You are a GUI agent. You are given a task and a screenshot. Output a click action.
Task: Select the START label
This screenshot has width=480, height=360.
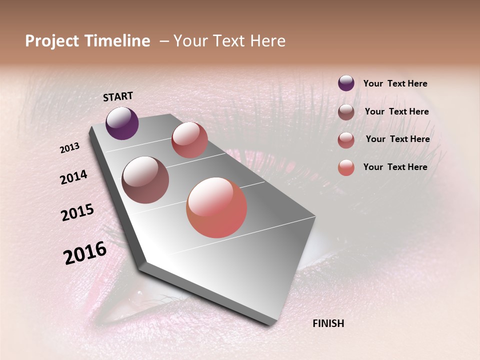click(118, 96)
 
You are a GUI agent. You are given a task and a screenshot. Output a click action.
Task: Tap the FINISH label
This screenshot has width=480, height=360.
click(328, 323)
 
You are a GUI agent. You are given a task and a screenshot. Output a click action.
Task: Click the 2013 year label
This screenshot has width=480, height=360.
click(70, 148)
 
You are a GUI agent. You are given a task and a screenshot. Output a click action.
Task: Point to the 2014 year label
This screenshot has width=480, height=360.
click(74, 177)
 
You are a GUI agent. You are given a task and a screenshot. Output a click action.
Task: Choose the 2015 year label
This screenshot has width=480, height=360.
click(77, 212)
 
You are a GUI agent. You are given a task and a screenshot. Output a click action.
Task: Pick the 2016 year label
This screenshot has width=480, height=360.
click(85, 253)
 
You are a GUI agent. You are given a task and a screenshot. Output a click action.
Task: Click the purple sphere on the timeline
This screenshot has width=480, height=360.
click(122, 123)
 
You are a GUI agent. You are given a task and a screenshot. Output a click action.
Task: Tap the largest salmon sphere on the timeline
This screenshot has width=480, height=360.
click(216, 207)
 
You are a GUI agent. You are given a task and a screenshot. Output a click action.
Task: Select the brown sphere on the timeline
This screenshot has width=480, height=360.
click(145, 180)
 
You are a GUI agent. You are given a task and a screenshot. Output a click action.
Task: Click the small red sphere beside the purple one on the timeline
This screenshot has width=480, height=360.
click(189, 140)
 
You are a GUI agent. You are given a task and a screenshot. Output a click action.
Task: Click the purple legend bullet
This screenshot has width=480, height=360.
click(346, 83)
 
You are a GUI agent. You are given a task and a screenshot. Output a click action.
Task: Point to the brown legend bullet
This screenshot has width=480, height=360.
click(346, 112)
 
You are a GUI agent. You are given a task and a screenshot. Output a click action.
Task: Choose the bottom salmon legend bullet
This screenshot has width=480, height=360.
click(346, 167)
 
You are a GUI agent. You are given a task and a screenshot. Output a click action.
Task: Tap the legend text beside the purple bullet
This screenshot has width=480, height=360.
click(395, 84)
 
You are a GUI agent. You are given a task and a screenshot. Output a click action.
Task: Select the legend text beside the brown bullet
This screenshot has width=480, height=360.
click(396, 111)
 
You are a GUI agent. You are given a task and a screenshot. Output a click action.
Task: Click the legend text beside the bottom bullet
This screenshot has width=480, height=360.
click(395, 167)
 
